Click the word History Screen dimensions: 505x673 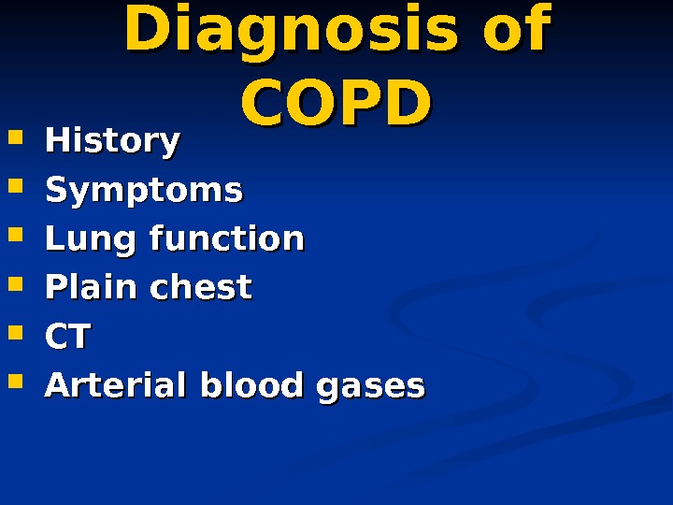[x=112, y=141]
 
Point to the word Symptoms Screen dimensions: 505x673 [x=144, y=191]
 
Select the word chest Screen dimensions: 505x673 [x=206, y=287]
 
